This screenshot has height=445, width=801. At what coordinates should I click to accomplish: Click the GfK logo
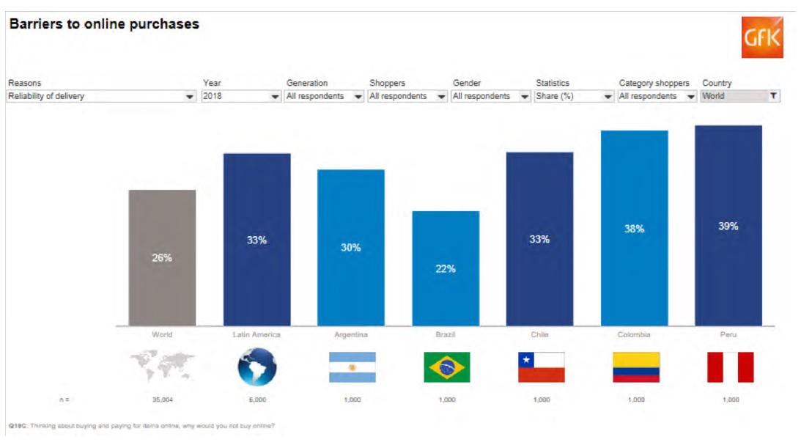(x=762, y=37)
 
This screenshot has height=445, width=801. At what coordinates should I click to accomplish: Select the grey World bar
(x=162, y=257)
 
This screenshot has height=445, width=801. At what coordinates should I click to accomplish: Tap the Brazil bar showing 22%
(x=446, y=268)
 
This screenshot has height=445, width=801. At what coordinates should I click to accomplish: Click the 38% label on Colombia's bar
(x=634, y=229)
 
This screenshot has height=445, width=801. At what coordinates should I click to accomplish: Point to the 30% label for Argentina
(x=351, y=248)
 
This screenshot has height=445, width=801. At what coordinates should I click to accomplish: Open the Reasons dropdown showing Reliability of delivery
(x=101, y=96)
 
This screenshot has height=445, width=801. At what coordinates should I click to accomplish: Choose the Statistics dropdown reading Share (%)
(x=575, y=96)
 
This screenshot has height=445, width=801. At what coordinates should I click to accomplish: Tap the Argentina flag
(x=352, y=367)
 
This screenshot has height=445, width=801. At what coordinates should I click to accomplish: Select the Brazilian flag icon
(x=446, y=367)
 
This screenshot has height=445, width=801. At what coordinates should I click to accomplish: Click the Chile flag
(x=541, y=367)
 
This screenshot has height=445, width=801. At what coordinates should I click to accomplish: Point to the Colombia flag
(x=635, y=367)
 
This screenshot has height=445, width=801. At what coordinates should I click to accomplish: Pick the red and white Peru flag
(x=730, y=367)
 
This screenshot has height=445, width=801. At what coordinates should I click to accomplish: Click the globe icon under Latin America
(x=257, y=367)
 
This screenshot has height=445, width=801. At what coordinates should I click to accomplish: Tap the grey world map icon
(x=162, y=366)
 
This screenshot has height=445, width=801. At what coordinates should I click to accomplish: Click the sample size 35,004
(x=162, y=400)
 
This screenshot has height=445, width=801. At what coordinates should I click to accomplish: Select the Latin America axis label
(x=256, y=335)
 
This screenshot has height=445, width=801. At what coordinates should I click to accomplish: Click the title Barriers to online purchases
(x=104, y=24)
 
